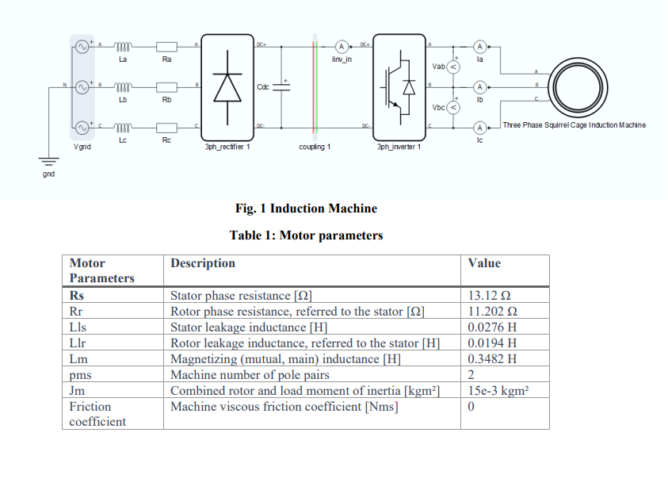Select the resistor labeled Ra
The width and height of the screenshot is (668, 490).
pos(167,47)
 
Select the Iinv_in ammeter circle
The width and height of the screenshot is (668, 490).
pos(342,46)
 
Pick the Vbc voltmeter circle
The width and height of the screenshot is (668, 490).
pos(453,107)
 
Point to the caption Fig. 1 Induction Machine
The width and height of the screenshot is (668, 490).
pos(306,209)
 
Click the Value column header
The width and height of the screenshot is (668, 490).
pos(484,263)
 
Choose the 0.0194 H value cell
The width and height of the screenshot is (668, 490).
pos(492,343)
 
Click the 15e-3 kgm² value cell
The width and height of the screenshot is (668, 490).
pos(498,391)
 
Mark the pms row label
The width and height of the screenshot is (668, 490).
pos(81,375)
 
